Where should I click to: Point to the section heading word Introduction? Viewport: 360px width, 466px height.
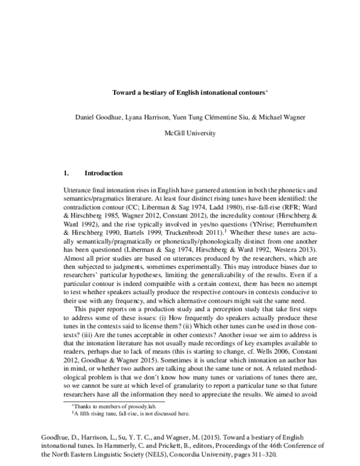(x=104, y=173)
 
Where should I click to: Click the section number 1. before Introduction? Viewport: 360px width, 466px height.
(x=66, y=173)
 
